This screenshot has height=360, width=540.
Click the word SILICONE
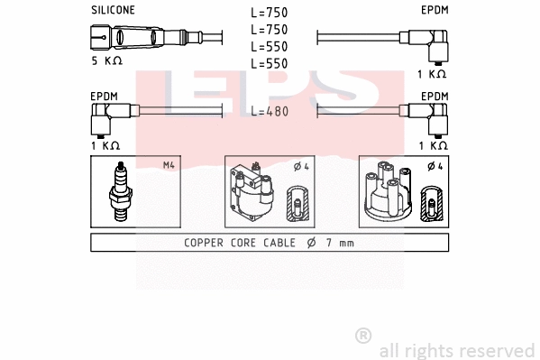[x=113, y=10]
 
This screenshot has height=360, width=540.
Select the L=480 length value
[x=270, y=112]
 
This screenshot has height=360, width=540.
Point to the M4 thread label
[x=168, y=165]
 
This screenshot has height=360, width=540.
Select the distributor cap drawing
[x=388, y=192]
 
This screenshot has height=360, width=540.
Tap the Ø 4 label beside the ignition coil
[x=301, y=165]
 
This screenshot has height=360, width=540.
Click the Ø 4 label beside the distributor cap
[x=434, y=165]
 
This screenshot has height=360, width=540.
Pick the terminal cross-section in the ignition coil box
[x=296, y=205]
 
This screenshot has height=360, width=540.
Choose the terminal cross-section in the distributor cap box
[x=432, y=205]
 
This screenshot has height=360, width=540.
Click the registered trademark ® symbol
[x=363, y=336]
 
